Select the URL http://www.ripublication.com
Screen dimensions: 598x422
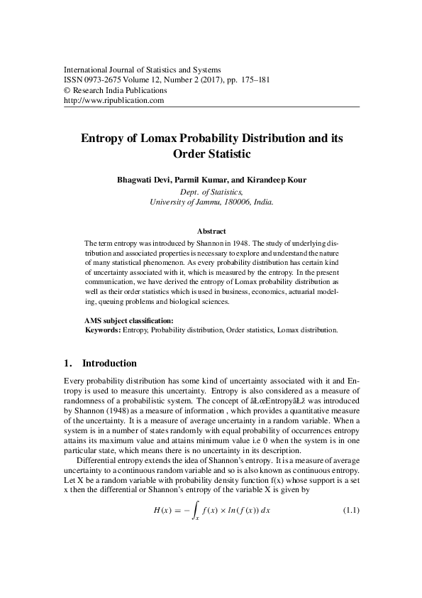(x=114, y=101)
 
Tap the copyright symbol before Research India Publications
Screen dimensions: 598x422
(x=67, y=91)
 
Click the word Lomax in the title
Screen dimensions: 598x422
(x=176, y=139)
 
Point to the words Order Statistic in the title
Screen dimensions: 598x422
(x=212, y=153)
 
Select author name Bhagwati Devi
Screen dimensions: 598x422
(x=143, y=180)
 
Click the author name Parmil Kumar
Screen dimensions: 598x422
(x=202, y=180)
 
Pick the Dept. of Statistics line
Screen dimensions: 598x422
(x=211, y=191)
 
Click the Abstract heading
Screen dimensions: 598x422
(x=211, y=232)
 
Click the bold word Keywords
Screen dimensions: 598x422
(x=103, y=330)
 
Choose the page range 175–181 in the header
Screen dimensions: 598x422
(x=253, y=81)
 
